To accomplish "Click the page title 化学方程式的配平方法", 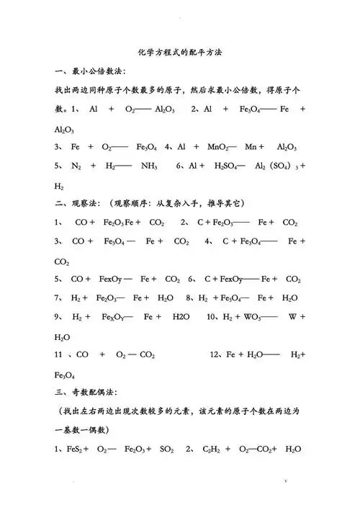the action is pos(180,53).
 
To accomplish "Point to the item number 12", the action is pos(215,354).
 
